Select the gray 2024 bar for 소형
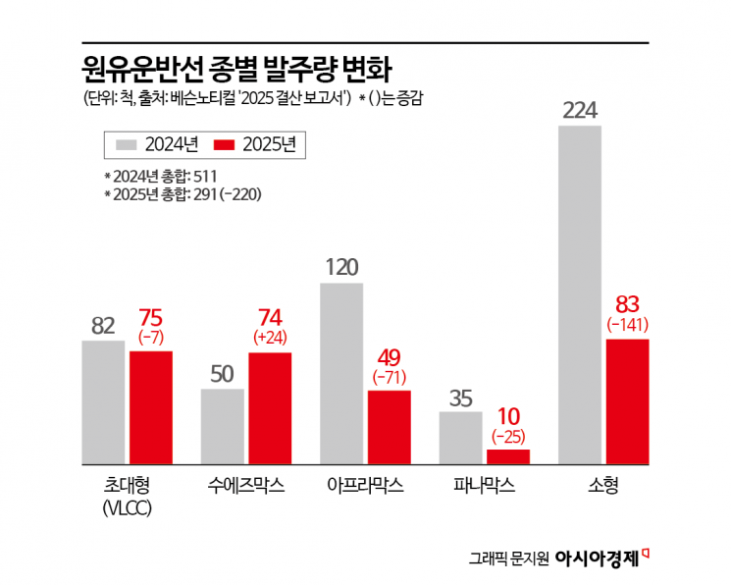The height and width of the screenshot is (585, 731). tap(579, 294)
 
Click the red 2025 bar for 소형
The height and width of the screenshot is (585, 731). tap(627, 401)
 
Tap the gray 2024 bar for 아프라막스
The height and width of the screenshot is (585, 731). tap(341, 373)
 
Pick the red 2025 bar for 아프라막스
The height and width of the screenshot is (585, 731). tap(390, 427)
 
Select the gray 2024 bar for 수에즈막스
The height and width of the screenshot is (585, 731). tap(223, 426)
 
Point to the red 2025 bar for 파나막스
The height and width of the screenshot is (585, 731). tap(508, 456)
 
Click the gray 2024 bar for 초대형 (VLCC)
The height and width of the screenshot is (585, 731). tap(103, 402)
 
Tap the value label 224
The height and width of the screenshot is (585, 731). tap(579, 109)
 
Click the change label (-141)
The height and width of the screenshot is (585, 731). tap(627, 324)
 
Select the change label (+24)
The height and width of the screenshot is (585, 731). tap(270, 337)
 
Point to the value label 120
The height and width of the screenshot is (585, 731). tap(341, 266)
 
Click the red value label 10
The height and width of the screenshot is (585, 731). tap(508, 414)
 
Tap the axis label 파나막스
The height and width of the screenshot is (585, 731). tap(484, 486)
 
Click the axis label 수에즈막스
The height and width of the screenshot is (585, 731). tap(246, 486)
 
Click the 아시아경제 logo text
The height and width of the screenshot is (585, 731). tap(597, 558)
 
